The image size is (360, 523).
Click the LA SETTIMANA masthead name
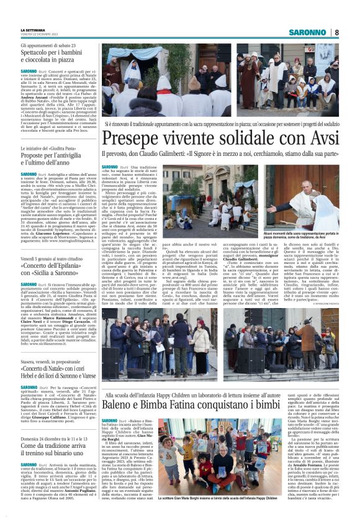[33, 29]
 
